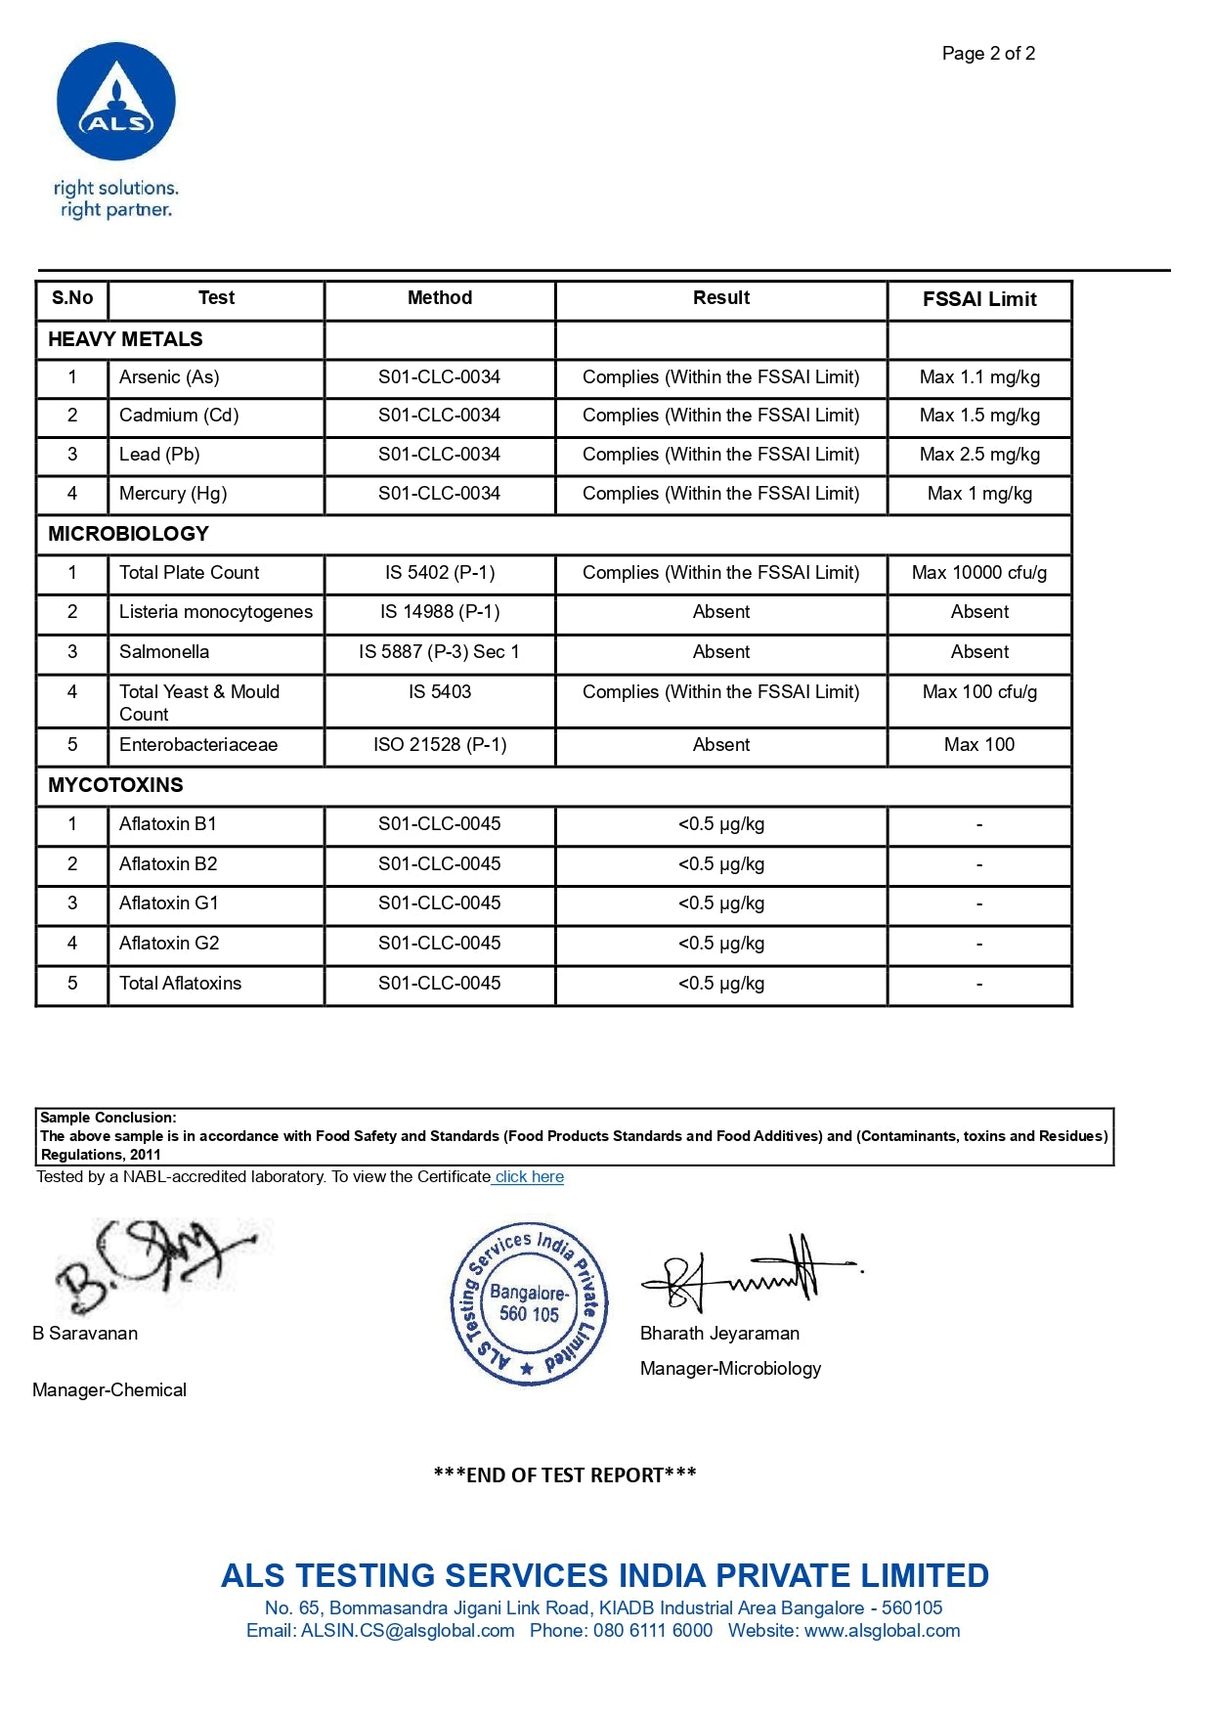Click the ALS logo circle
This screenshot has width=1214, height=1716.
tap(116, 102)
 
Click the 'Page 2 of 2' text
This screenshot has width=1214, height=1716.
tap(988, 54)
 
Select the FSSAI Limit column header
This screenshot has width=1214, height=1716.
tap(979, 299)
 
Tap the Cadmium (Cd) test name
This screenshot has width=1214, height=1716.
tap(179, 416)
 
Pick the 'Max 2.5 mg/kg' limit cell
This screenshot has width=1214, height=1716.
tap(979, 455)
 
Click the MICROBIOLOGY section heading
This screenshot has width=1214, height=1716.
tap(128, 534)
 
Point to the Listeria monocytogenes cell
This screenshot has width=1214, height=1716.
tap(216, 612)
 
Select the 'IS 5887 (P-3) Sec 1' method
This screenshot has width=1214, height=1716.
tap(439, 652)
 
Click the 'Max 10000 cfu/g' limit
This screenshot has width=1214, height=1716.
tap(979, 573)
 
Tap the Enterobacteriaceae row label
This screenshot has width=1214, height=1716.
tap(198, 745)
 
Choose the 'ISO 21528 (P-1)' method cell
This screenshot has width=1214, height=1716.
tap(440, 745)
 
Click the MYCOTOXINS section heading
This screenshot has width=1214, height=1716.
tap(115, 785)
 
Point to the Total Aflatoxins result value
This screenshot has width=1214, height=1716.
tap(721, 984)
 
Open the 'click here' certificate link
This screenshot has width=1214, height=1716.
tap(529, 1177)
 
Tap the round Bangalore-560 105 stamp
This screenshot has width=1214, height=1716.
tap(529, 1303)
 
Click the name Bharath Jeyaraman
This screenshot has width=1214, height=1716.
tap(719, 1334)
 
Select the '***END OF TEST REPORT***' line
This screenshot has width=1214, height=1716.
tap(565, 1475)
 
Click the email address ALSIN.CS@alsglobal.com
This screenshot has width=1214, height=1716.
tap(408, 1631)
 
